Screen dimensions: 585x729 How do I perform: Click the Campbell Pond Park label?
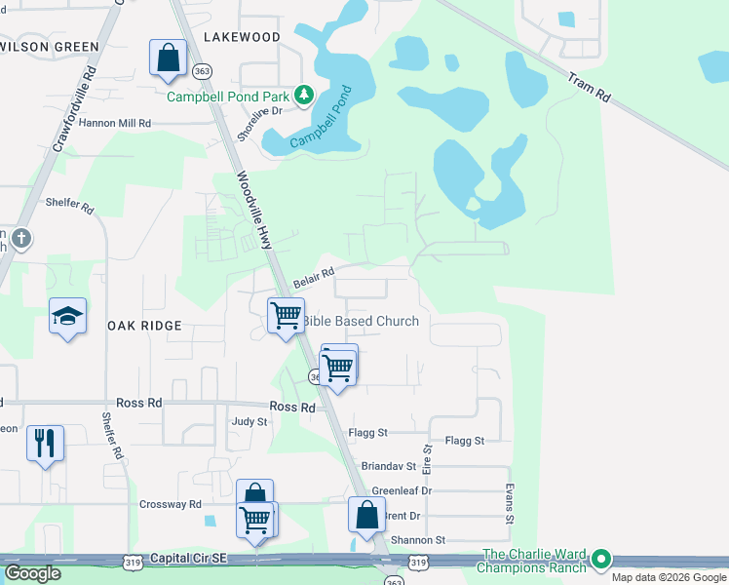click(x=229, y=97)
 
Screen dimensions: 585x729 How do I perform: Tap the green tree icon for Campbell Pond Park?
click(x=305, y=94)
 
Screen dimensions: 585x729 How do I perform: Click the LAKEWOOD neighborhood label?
click(x=242, y=37)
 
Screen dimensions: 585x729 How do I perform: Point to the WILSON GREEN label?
click(x=49, y=46)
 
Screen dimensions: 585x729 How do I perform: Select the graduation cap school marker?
click(x=68, y=316)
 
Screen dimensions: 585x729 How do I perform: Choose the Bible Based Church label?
click(x=361, y=321)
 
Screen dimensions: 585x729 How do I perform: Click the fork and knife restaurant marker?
click(x=45, y=444)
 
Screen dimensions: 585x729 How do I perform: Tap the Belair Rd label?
click(x=314, y=278)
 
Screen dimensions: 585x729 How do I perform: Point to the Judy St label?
click(x=249, y=422)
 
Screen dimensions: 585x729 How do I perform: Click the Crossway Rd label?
click(x=170, y=504)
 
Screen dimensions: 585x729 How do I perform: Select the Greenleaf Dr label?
click(x=402, y=490)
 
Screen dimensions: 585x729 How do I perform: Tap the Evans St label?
click(x=509, y=505)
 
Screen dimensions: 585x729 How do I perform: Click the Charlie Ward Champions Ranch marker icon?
click(x=601, y=560)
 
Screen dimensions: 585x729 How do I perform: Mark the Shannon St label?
click(x=417, y=540)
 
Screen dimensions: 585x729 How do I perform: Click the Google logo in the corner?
click(x=32, y=573)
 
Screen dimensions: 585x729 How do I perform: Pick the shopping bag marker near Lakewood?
click(x=168, y=58)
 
